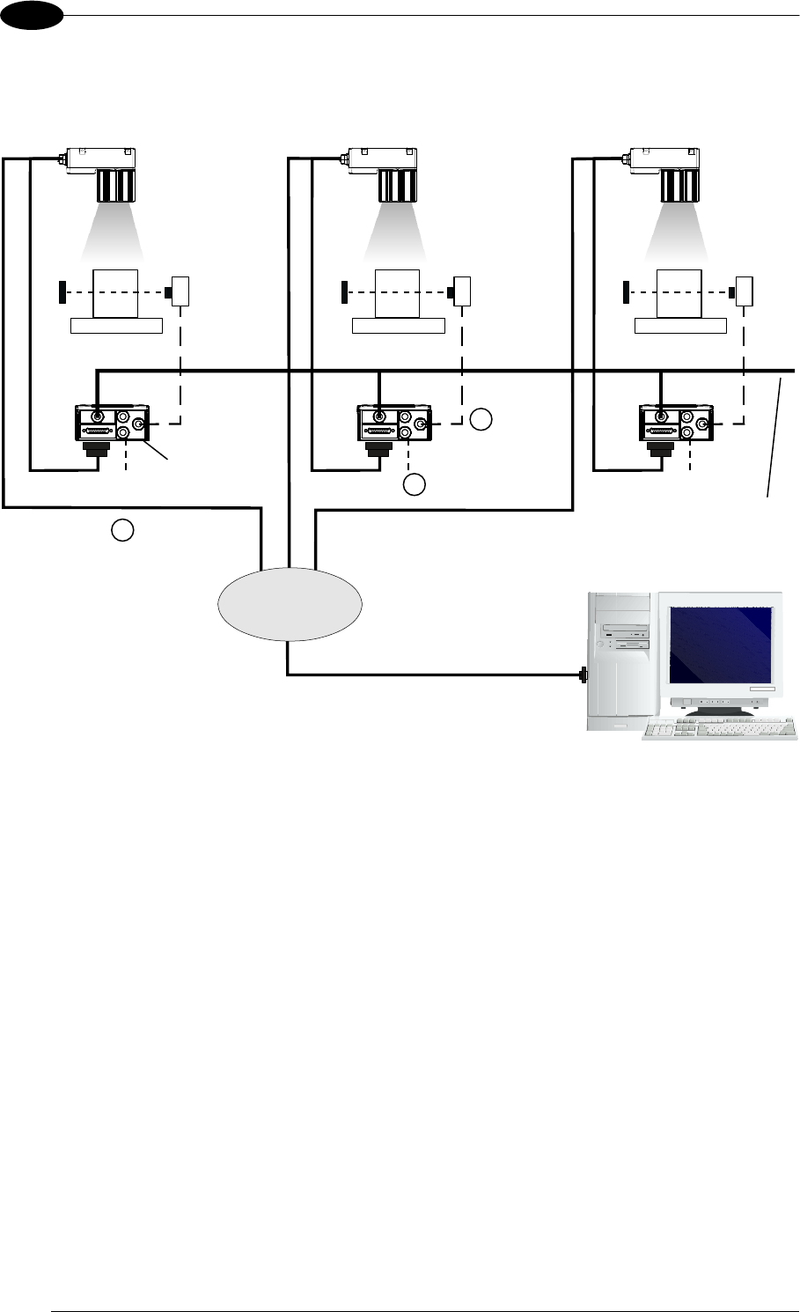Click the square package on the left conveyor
(116, 292)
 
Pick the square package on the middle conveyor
(398, 292)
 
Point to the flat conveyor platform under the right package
(680, 327)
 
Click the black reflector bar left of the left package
(62, 291)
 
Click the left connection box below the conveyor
(112, 424)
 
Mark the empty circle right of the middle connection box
(480, 420)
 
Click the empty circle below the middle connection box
(415, 483)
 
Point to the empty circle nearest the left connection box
(123, 530)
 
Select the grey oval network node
(290, 603)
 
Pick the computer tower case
(621, 660)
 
